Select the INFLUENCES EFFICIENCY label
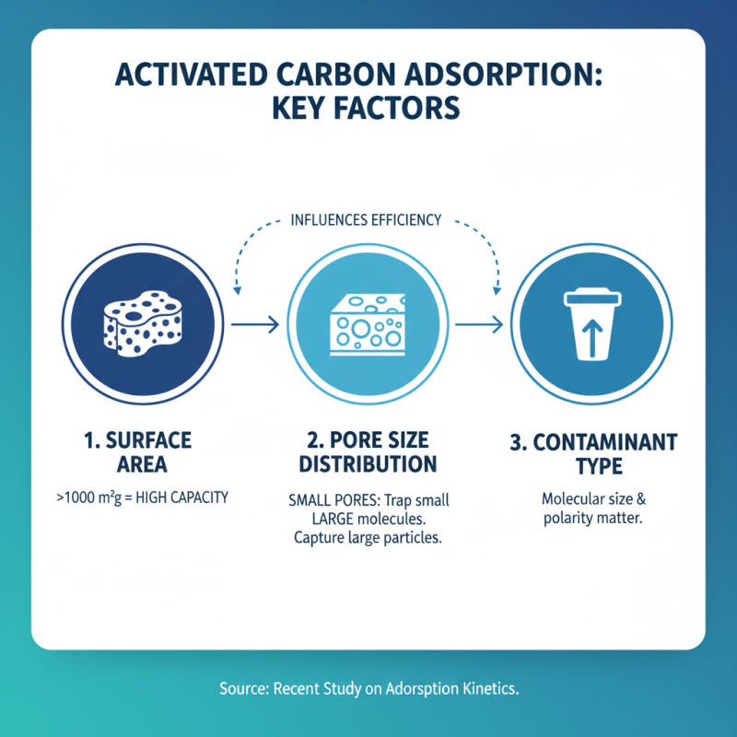(x=366, y=220)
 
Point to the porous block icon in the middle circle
(x=365, y=326)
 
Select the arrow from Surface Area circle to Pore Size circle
(x=253, y=324)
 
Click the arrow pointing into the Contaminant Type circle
(x=477, y=324)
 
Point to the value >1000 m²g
(x=92, y=498)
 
